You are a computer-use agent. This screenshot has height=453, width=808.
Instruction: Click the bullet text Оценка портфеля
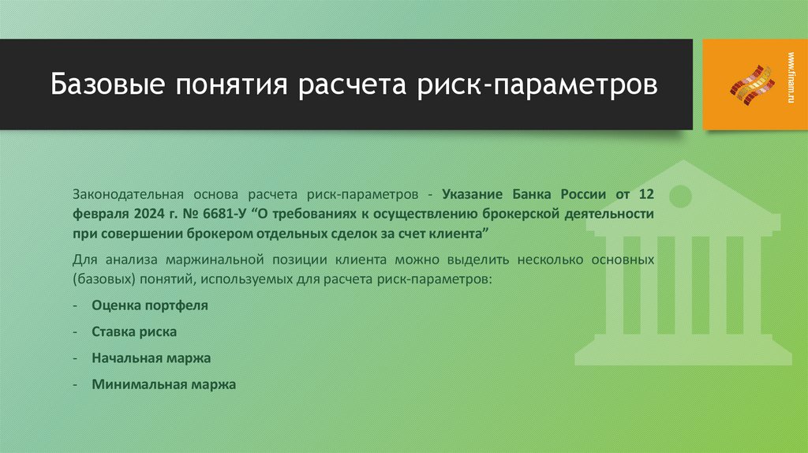click(149, 305)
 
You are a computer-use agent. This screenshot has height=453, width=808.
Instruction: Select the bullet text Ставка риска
click(133, 331)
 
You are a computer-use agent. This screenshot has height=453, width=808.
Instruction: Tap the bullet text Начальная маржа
click(151, 358)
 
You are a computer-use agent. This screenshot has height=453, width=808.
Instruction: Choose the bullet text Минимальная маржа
click(163, 384)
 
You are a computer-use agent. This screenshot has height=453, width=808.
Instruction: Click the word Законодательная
click(128, 193)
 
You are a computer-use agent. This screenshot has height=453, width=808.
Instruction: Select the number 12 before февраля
click(646, 193)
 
